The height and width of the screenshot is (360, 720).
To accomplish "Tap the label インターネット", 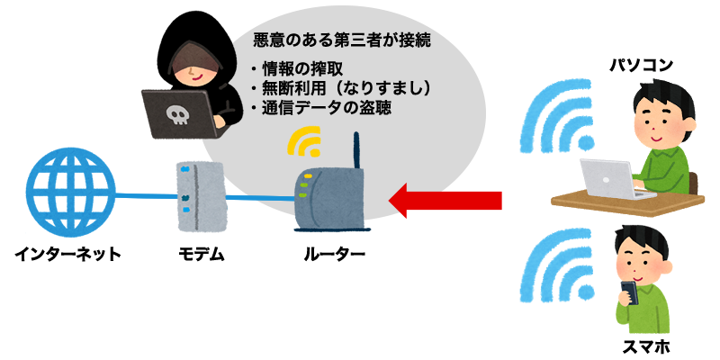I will pyautogui.click(x=67, y=255).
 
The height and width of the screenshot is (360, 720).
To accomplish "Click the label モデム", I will pyautogui.click(x=200, y=255).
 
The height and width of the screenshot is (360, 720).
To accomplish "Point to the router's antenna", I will pyautogui.click(x=357, y=153).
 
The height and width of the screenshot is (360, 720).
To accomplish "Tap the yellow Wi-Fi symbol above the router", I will pyautogui.click(x=306, y=139).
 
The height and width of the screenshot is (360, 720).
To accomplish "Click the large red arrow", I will pyautogui.click(x=445, y=200).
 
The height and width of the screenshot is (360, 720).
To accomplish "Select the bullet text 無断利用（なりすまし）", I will pyautogui.click(x=346, y=88).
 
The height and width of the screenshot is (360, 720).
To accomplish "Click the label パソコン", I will pyautogui.click(x=641, y=64).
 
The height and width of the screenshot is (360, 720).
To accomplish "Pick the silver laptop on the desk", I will pyautogui.click(x=612, y=177).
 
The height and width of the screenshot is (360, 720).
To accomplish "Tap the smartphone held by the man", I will pyautogui.click(x=629, y=292).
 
